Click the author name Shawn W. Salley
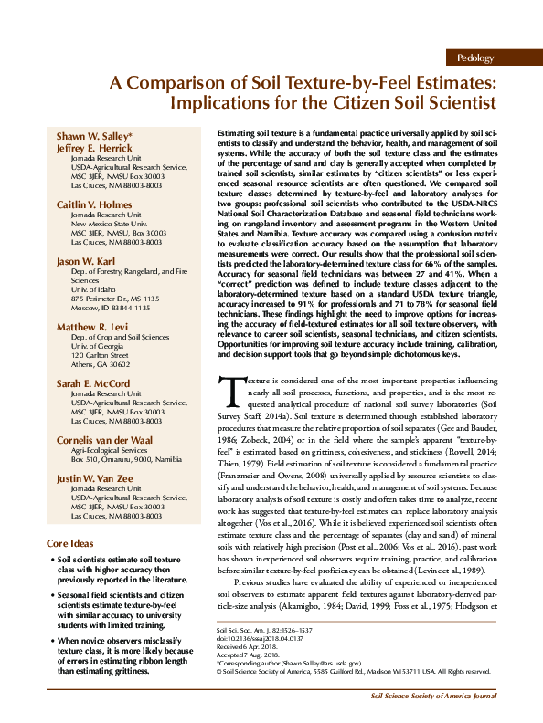[x=94, y=137]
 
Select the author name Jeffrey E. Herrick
[x=94, y=148]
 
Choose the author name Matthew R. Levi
[x=93, y=326]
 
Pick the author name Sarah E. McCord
[x=94, y=384]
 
